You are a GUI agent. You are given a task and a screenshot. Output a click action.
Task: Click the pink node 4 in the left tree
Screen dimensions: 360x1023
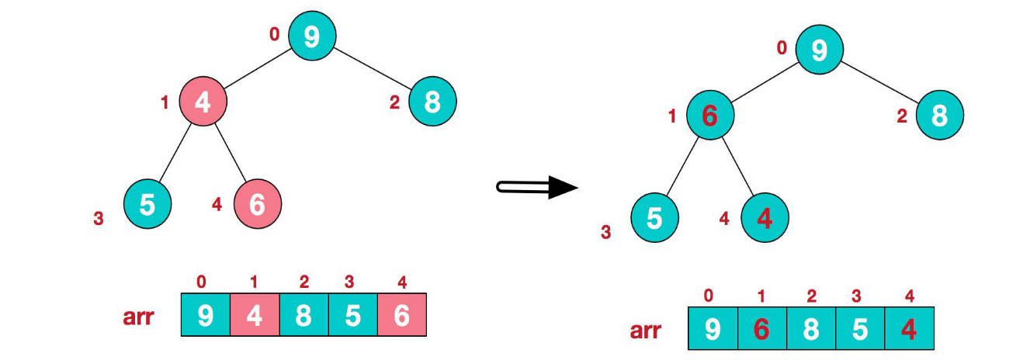(203, 102)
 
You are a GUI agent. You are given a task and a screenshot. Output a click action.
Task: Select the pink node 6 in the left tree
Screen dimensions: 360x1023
(258, 204)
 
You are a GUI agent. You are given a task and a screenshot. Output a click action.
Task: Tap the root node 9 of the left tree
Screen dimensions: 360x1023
(311, 36)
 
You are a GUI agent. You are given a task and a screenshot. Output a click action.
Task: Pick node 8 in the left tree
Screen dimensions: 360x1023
(432, 102)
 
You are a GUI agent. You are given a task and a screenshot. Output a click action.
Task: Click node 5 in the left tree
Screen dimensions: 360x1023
(147, 204)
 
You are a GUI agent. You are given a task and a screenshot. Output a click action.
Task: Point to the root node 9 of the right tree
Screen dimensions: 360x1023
(819, 50)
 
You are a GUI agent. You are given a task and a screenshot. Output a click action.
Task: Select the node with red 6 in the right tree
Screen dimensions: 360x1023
(709, 116)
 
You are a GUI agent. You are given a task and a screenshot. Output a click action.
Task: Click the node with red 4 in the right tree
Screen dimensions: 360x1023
(765, 218)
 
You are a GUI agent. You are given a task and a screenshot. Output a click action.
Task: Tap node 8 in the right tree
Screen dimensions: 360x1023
(939, 116)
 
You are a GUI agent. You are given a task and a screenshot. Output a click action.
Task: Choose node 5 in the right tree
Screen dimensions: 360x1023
(654, 218)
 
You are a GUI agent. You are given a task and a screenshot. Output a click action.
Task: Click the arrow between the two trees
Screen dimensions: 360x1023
(537, 186)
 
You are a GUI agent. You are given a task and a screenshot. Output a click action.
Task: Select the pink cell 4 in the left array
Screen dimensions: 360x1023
(255, 314)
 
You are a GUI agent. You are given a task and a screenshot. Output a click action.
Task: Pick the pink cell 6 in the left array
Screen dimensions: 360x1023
(402, 314)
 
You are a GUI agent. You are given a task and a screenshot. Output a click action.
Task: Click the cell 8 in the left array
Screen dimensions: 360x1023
(303, 314)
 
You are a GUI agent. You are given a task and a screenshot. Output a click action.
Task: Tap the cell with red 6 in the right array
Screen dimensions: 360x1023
(761, 328)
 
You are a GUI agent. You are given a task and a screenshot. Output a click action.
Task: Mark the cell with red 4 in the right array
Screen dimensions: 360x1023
(909, 328)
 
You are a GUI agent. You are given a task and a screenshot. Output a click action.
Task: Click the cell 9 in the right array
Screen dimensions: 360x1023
(713, 328)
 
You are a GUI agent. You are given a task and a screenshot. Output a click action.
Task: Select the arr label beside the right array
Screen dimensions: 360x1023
(645, 331)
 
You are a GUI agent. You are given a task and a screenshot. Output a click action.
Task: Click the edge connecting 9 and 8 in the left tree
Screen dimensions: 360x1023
(372, 68)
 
